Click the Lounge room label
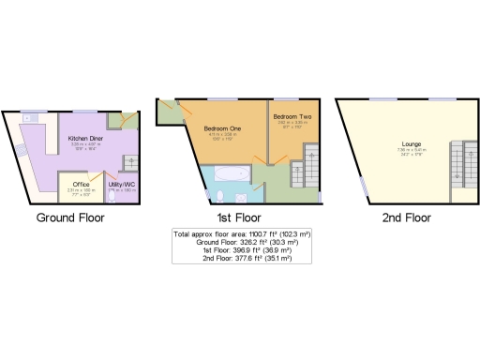[x=410, y=143]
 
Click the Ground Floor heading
[x=70, y=217]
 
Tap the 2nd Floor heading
[x=406, y=217]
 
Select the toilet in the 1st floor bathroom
[x=217, y=196]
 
